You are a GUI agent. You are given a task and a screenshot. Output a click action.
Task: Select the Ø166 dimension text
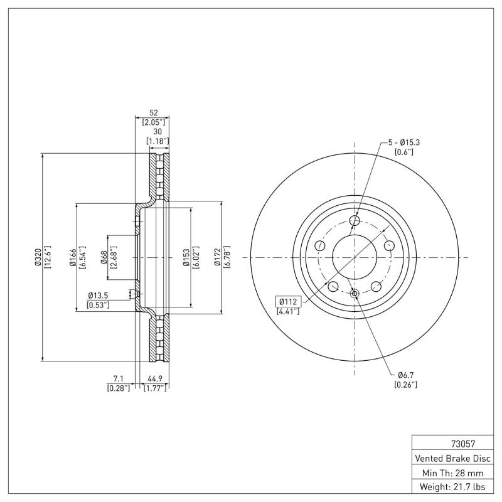[x=72, y=257]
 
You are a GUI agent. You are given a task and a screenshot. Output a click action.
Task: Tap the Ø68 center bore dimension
[x=104, y=257]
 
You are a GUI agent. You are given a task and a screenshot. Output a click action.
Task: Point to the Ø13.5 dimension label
[x=99, y=295]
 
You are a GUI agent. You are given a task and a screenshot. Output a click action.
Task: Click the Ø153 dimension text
[x=186, y=257]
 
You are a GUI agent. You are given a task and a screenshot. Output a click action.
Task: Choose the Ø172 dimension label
[x=217, y=257]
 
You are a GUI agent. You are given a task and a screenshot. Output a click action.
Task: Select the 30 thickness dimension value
[x=158, y=132]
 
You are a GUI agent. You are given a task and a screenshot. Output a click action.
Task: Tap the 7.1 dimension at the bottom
[x=118, y=378]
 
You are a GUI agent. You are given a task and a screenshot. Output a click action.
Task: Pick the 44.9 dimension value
[x=155, y=378]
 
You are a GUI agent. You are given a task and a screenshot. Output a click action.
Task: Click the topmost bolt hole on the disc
[x=355, y=220]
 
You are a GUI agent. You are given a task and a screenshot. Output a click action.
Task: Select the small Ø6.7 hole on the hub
[x=355, y=294]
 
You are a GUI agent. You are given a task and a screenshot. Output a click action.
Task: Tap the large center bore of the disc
[x=355, y=257]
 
